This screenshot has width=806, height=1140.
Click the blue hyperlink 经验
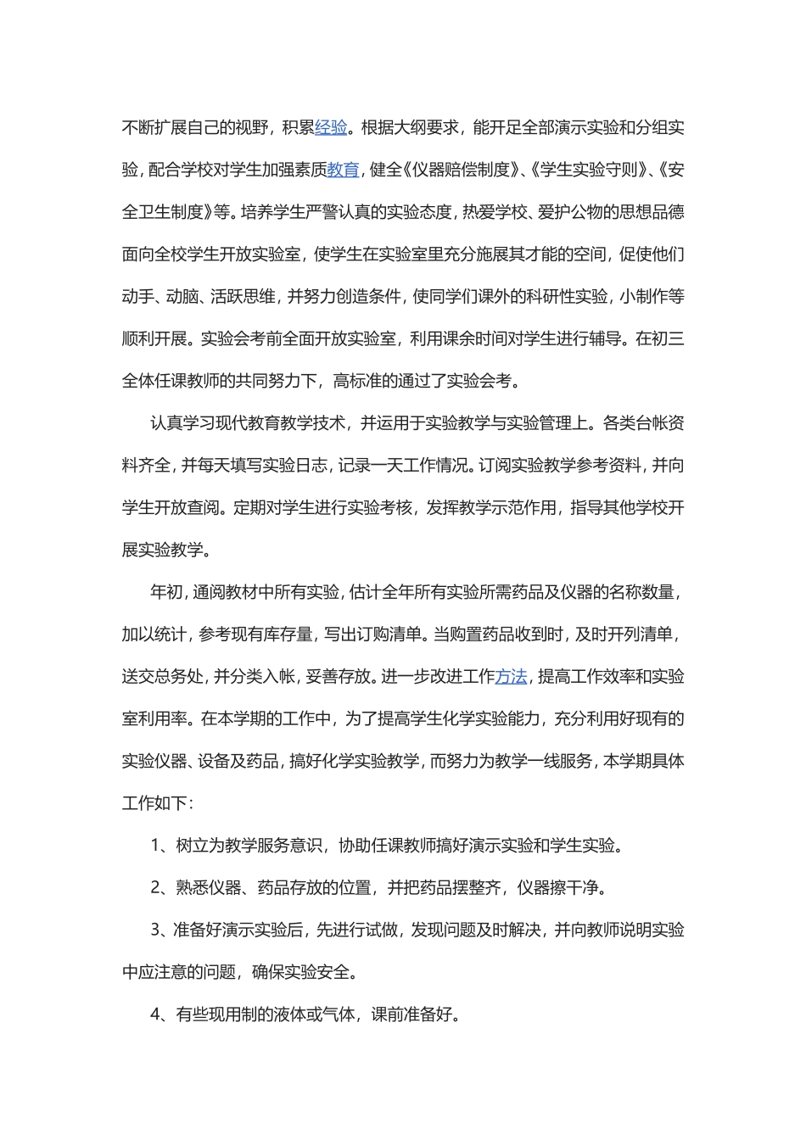[331, 128]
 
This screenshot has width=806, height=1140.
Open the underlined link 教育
[344, 170]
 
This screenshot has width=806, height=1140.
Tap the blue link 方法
[512, 677]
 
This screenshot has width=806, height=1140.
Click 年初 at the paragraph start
[165, 592]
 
